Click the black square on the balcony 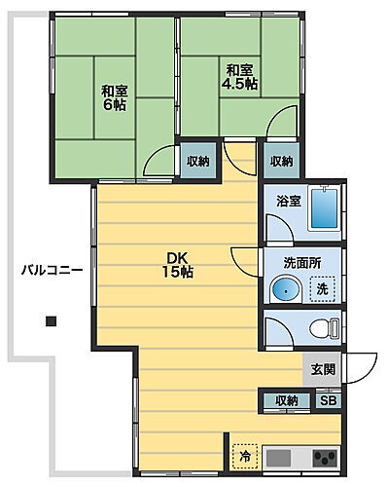pos(51,320)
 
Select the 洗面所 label pos(297,263)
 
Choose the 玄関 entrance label pos(323,369)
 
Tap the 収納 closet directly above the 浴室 pos(281,161)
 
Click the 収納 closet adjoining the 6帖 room pos(197,162)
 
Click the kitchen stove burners pos(324,457)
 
